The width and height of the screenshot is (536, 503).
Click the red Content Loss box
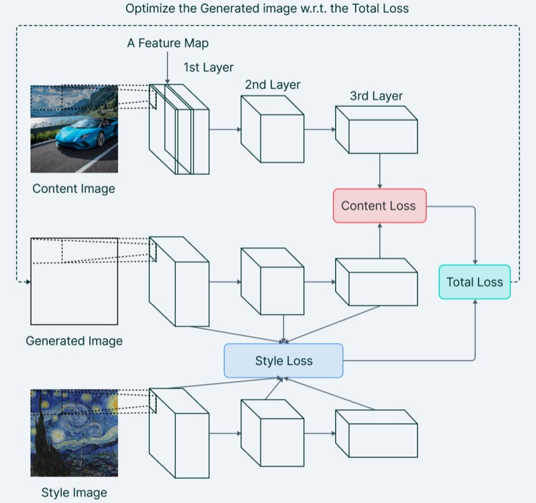coord(380,206)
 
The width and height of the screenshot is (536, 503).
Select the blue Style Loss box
coord(283,360)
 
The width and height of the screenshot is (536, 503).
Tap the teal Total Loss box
coord(474,282)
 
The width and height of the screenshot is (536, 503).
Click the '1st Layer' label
coord(208,68)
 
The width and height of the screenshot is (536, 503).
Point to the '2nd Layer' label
coord(273,85)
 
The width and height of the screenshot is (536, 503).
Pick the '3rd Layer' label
coord(376,96)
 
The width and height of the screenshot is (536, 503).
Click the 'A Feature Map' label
coord(167,43)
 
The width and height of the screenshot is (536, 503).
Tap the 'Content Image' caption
coord(74,189)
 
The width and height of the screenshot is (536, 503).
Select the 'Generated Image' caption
coord(74,341)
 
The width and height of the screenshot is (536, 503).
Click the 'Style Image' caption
coord(74,492)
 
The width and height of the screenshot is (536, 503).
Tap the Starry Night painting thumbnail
coord(74,433)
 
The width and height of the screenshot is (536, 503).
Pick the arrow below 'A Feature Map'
coord(167,68)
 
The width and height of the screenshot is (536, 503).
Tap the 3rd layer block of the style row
coord(377,433)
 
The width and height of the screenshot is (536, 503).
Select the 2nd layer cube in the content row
coord(273,129)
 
